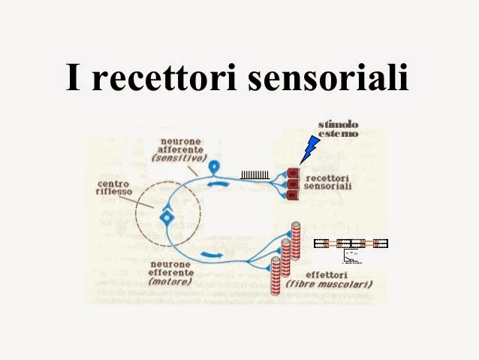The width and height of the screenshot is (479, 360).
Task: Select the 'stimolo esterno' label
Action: click(x=337, y=129)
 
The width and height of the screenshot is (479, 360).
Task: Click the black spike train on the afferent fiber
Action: click(x=255, y=175)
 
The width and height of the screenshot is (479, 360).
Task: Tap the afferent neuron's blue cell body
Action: click(x=215, y=165)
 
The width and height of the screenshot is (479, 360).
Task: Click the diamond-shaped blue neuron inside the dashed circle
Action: click(x=167, y=219)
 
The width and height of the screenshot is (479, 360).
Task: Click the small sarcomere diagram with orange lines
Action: click(x=350, y=244)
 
